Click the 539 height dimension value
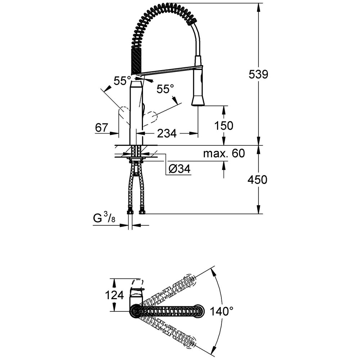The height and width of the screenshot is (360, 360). (x=258, y=75)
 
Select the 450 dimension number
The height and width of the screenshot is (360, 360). (x=257, y=180)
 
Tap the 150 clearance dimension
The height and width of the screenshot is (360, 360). (x=224, y=126)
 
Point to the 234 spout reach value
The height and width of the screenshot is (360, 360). (x=167, y=133)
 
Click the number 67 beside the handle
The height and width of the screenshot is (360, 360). (x=102, y=128)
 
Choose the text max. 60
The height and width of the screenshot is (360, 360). (x=224, y=153)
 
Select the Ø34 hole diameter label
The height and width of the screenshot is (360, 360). (x=179, y=169)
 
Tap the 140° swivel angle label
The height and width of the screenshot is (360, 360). (x=221, y=311)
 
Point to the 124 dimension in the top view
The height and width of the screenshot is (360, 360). (x=114, y=295)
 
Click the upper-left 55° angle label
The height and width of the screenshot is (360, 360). (x=122, y=81)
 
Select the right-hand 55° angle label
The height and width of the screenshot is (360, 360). (x=165, y=89)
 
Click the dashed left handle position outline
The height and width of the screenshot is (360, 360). (x=124, y=114)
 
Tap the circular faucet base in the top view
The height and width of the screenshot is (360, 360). (x=136, y=311)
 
